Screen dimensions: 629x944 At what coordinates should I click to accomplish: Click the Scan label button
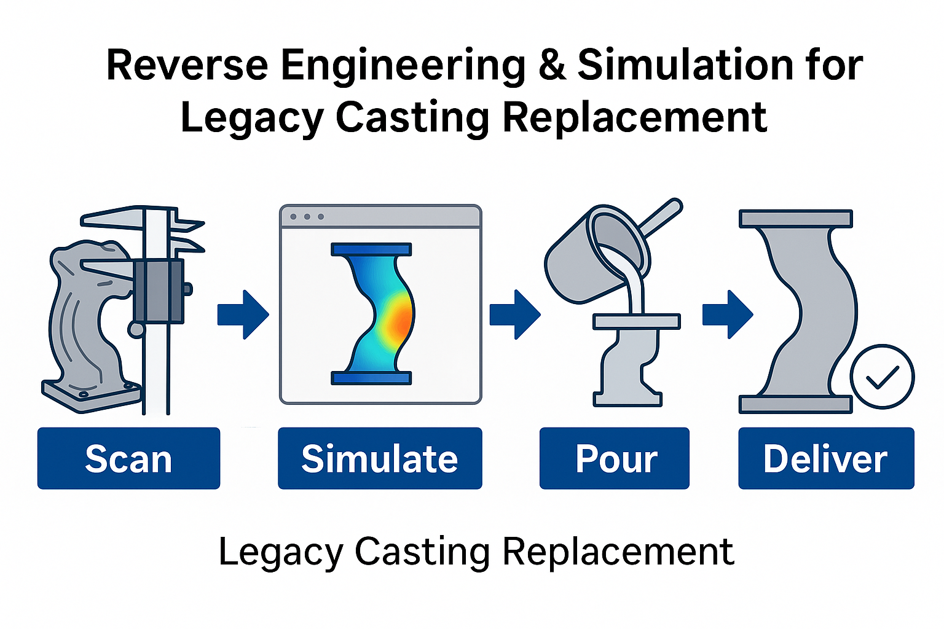[128, 458]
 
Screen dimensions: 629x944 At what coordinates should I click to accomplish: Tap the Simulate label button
[380, 458]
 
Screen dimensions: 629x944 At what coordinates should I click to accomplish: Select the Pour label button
[614, 458]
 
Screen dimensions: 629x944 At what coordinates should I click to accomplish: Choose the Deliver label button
[826, 458]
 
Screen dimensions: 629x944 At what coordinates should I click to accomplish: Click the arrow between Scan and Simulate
[243, 314]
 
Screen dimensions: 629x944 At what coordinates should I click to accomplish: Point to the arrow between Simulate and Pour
[515, 314]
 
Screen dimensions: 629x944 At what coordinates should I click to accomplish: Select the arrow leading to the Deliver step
[728, 314]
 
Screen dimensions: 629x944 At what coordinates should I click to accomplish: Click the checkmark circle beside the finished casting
[882, 377]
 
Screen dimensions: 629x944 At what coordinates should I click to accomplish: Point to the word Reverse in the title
[187, 65]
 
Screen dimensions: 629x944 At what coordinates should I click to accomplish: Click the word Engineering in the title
[403, 65]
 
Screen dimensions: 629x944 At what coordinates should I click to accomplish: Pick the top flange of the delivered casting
[795, 219]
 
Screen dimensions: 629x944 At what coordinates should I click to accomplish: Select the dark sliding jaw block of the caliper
[159, 291]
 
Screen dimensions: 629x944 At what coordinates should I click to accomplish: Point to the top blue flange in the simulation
[371, 249]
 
